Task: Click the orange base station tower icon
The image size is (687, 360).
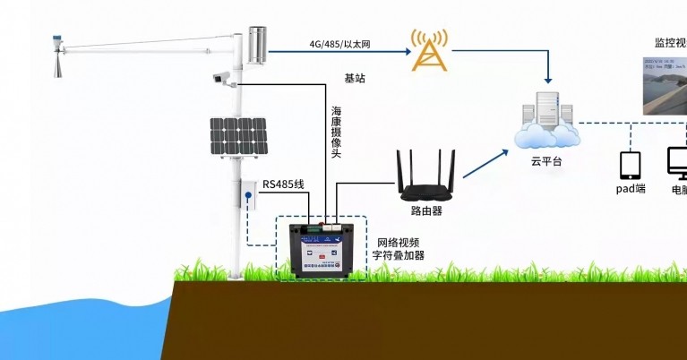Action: tap(427, 50)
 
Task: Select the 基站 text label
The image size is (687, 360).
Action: tap(355, 79)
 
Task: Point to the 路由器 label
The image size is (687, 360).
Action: tap(426, 211)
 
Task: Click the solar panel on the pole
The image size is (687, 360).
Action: tap(238, 136)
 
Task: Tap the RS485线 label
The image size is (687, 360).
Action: tap(283, 184)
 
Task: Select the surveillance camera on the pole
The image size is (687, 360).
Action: tap(223, 78)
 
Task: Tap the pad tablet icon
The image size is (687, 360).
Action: tap(631, 166)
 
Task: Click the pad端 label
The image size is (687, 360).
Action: tap(631, 190)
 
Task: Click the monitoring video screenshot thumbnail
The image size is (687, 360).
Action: tap(664, 84)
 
